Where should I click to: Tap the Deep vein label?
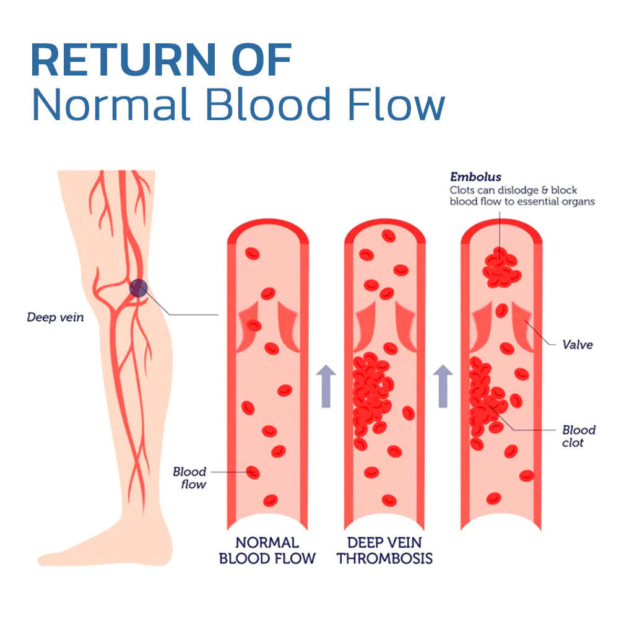55,318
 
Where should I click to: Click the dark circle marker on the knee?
138,288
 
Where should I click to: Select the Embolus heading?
475,177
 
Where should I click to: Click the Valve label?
578,345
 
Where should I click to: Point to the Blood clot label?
579,436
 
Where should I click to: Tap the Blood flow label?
190,478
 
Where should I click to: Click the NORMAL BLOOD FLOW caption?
267,550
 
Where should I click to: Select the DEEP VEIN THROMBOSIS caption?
384,550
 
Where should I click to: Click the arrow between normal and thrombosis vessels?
326,386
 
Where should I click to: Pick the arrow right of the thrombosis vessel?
443,386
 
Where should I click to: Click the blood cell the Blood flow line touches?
253,472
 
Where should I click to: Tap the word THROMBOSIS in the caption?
384,558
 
